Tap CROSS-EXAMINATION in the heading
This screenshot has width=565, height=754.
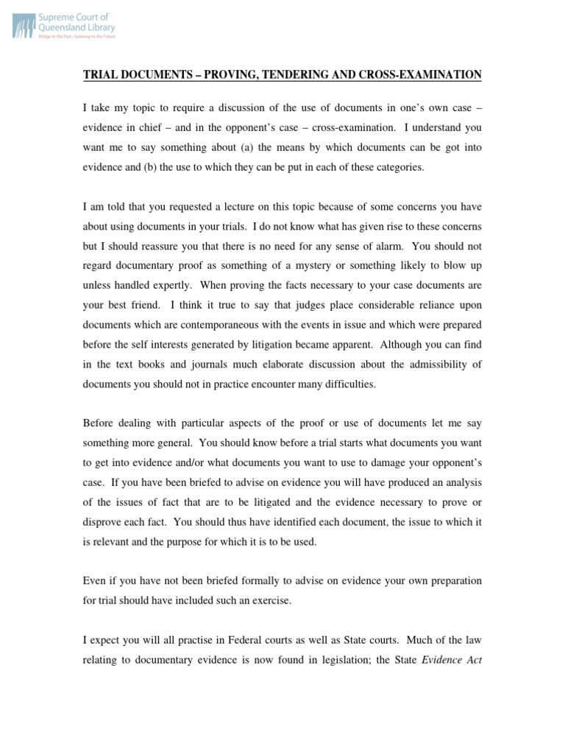pos(417,75)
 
